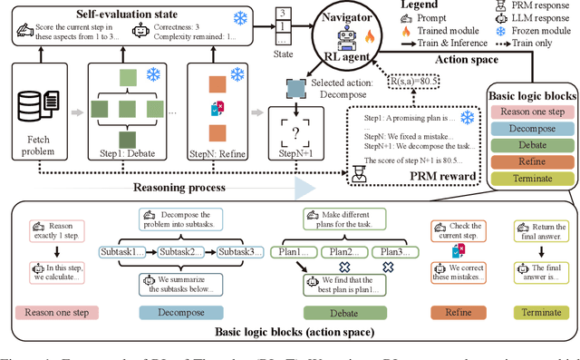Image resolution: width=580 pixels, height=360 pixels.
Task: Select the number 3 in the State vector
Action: [x=286, y=12]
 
